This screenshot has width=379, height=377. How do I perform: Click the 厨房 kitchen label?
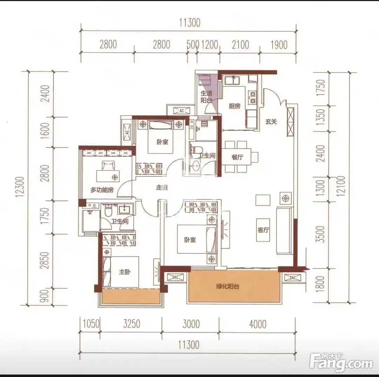235,106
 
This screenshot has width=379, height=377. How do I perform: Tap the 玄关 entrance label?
271,122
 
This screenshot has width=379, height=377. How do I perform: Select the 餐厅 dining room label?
237,157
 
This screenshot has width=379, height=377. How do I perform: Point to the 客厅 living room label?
263,230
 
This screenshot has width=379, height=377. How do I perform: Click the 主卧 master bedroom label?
125,272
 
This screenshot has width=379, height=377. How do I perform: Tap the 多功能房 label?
102,190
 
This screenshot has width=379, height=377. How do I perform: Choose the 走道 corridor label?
162,187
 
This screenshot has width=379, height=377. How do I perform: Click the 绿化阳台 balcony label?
227,287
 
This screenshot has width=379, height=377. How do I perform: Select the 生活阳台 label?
206,96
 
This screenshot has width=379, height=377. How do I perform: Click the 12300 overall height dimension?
20,187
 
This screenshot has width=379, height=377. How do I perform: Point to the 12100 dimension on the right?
341,186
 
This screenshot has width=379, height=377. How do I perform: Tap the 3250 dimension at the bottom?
132,324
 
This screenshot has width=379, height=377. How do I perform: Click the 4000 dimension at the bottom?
258,324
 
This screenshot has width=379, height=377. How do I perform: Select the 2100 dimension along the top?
240,45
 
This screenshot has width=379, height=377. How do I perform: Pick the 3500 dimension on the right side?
320,234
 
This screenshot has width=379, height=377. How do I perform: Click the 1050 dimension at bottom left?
91,324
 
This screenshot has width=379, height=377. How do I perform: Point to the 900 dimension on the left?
45,296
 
